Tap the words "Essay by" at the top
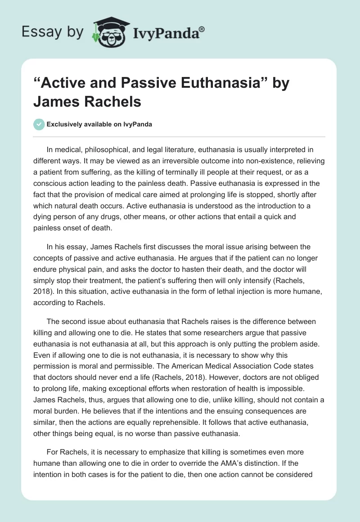pos(52,31)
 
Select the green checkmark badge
pos(39,124)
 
